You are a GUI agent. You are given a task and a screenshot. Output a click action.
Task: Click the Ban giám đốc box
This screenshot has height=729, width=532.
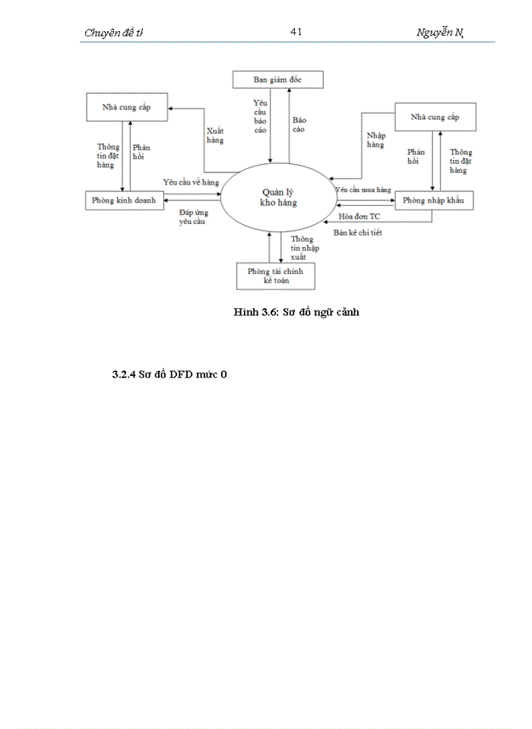278,79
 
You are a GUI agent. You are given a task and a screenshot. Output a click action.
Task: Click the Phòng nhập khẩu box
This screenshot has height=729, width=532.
433,200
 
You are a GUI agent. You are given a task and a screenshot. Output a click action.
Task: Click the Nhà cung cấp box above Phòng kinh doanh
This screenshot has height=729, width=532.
127,107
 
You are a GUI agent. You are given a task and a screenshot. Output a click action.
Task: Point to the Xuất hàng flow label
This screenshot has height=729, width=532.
215,135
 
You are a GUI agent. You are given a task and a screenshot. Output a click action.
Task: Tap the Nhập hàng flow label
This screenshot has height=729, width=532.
375,140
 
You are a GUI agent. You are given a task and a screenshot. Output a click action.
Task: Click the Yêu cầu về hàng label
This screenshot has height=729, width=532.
191,183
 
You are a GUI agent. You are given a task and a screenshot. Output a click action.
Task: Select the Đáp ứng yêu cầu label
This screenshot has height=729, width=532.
191,217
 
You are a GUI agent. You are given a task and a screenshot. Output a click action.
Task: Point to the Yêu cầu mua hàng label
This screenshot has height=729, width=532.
363,188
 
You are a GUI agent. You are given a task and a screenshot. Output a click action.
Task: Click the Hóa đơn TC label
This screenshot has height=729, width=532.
359,216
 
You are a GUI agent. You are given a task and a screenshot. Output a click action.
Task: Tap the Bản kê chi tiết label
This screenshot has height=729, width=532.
358,232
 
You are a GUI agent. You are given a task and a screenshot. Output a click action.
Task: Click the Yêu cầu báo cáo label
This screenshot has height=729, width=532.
260,114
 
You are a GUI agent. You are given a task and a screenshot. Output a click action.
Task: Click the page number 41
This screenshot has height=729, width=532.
296,31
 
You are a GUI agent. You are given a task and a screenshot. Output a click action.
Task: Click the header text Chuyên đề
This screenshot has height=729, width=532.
112,33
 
